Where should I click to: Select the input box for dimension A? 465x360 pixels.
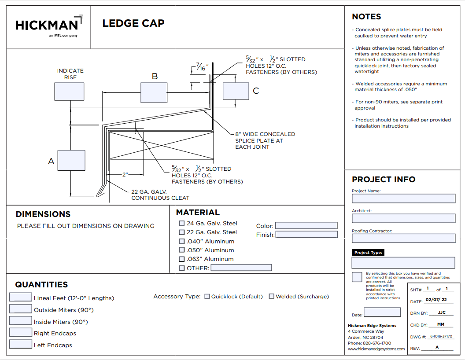click(x=71, y=161)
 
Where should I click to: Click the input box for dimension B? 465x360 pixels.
click(x=154, y=92)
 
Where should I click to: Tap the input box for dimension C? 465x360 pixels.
click(x=236, y=91)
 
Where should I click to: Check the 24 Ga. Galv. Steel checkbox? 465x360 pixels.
click(x=182, y=224)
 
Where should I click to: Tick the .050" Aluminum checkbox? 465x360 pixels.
click(x=182, y=250)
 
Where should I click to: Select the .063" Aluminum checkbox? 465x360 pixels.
click(x=182, y=259)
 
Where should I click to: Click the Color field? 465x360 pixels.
click(x=306, y=226)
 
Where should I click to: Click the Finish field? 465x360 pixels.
click(x=306, y=235)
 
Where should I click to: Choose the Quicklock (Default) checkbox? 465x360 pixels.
click(x=207, y=297)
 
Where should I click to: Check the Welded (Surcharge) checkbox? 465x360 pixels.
click(x=272, y=297)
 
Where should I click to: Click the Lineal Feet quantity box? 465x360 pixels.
click(x=21, y=298)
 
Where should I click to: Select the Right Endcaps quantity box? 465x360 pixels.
click(x=21, y=333)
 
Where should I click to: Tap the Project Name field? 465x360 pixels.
click(x=403, y=198)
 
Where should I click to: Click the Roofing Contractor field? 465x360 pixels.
click(x=403, y=238)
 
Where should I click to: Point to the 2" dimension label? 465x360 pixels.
click(x=125, y=175)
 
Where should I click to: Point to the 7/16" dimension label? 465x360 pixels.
click(x=202, y=68)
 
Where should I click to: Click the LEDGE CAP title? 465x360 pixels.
click(x=133, y=23)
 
